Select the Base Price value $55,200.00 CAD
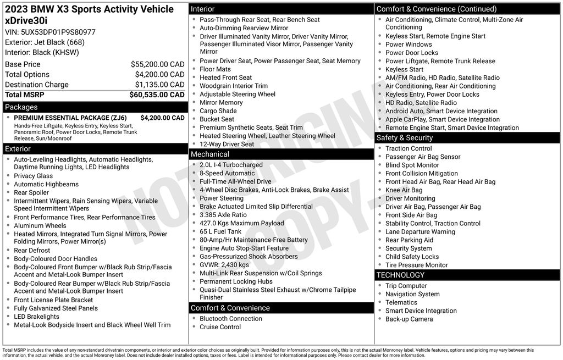tap(157, 64)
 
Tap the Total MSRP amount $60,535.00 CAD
tap(157, 95)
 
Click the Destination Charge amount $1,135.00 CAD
tap(159, 85)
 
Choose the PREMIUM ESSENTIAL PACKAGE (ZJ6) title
tap(70, 118)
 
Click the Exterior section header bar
tap(18, 149)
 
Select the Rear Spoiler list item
tap(31, 192)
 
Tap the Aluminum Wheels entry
tap(40, 225)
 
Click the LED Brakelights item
tap(36, 317)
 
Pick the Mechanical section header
tap(209, 154)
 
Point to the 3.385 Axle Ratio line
tap(223, 215)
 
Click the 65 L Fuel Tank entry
tap(220, 231)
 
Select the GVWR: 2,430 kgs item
tap(224, 265)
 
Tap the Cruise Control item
tap(220, 327)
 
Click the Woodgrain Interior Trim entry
tap(234, 86)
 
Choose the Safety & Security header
tap(404, 138)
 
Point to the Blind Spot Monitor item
tap(412, 165)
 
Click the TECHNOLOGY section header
tap(400, 275)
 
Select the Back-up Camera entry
tap(409, 319)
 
